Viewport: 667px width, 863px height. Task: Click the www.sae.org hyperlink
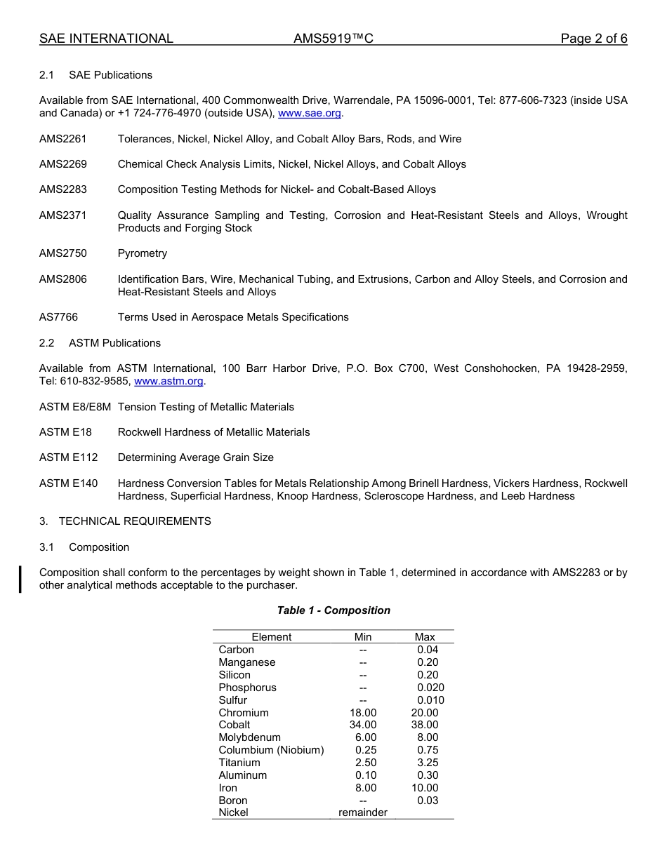pos(310,113)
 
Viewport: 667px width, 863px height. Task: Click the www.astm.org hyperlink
pos(169,381)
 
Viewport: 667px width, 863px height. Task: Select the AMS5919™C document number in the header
pos(333,39)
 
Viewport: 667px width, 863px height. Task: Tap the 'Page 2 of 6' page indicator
pos(593,39)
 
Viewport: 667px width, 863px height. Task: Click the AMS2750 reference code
pos(63,253)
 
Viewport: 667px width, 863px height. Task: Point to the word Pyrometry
pos(143,253)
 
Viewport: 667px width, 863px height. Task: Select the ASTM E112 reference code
pos(69,457)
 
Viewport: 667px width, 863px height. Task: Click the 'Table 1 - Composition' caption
pos(333,610)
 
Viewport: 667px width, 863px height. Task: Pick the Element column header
pos(271,637)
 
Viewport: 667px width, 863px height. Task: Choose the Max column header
pos(425,637)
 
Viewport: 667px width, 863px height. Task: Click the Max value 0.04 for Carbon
pos(427,650)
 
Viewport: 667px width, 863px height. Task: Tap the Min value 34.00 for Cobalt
pos(363,725)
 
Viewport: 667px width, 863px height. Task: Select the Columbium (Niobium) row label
pos(271,750)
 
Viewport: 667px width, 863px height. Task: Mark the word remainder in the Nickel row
pos(363,812)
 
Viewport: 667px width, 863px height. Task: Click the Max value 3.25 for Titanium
pos(427,763)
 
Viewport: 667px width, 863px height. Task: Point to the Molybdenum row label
pos(249,737)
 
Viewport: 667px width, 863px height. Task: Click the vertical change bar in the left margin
pos(20,579)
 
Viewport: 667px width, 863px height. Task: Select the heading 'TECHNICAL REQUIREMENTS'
pos(135,521)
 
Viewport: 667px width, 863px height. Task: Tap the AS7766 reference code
pos(58,317)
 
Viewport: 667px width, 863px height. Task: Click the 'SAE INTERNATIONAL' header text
pos(106,39)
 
